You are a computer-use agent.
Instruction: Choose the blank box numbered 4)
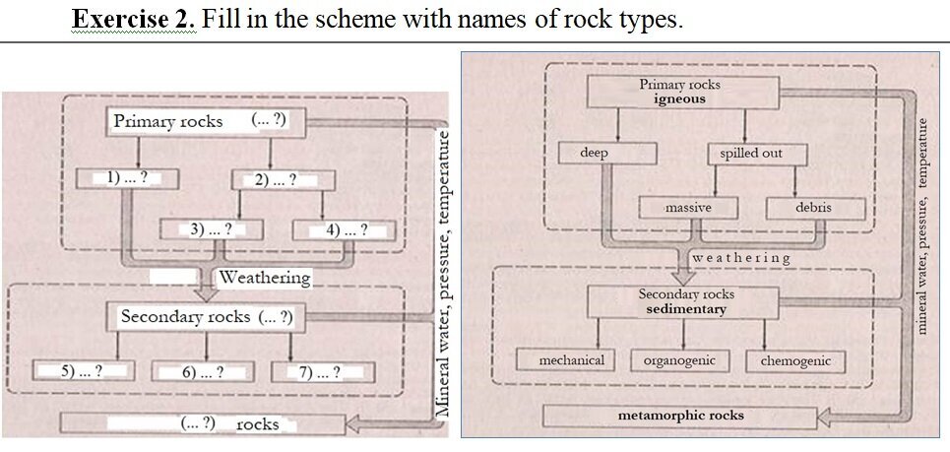(x=346, y=230)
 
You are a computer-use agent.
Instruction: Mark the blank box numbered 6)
(x=203, y=372)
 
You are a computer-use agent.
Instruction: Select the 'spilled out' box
(x=750, y=155)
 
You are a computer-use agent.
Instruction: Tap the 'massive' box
(x=688, y=208)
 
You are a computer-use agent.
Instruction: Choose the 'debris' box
(x=815, y=208)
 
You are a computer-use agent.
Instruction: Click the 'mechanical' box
(x=571, y=360)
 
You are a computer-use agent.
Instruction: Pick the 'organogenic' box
(x=679, y=360)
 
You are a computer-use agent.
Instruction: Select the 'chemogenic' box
(x=795, y=361)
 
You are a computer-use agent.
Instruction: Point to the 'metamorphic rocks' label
(x=680, y=416)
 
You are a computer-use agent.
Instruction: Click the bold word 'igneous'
(x=679, y=99)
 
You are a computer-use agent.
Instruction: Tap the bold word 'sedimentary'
(x=686, y=309)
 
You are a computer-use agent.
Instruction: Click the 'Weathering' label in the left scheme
(x=264, y=278)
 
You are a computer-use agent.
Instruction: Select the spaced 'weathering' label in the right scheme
(x=741, y=258)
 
